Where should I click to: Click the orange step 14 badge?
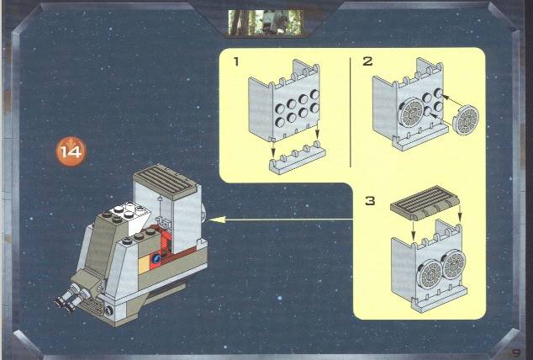click(71, 151)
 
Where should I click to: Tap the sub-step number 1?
click(236, 61)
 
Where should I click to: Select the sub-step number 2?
click(367, 61)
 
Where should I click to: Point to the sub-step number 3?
click(370, 200)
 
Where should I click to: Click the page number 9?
click(516, 352)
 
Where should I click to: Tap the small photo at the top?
click(265, 23)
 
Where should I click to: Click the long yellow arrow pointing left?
click(281, 220)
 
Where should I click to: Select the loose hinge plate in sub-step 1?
click(297, 158)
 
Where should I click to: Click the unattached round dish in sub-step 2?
click(466, 120)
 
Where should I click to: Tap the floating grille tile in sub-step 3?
click(425, 203)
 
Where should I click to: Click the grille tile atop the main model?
click(166, 182)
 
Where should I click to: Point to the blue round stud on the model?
click(156, 259)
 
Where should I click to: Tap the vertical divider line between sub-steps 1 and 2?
click(350, 112)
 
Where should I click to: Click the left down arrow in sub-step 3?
click(414, 230)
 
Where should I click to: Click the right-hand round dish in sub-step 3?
click(454, 264)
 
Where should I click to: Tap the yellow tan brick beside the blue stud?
click(144, 265)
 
